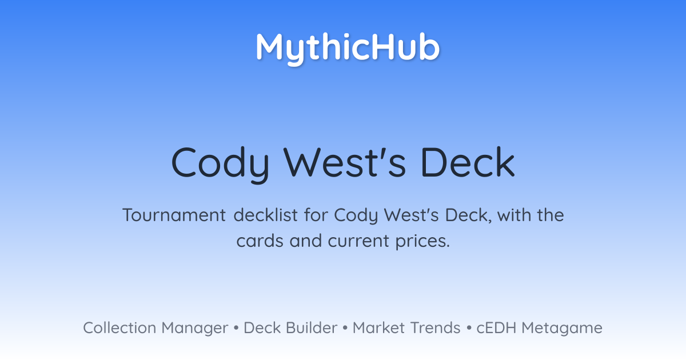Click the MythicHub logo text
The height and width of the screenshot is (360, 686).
[x=348, y=49]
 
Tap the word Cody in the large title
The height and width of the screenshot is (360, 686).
[x=221, y=165]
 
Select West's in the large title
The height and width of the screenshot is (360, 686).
[x=345, y=162]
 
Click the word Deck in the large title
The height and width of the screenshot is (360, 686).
[x=468, y=162]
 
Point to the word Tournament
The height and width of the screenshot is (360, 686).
[x=174, y=215]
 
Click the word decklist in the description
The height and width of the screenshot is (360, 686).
[x=265, y=215]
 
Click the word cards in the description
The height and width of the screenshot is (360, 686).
[x=260, y=241]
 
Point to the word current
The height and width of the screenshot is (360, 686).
[x=358, y=241]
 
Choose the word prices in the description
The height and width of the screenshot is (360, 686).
[x=422, y=242]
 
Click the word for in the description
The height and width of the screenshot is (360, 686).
[x=316, y=215]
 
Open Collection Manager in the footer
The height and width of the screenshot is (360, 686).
[x=155, y=328]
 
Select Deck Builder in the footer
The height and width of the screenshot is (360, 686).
[x=290, y=328]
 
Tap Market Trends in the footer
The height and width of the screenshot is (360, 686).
[x=406, y=328]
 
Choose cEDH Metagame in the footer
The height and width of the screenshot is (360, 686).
[x=539, y=329]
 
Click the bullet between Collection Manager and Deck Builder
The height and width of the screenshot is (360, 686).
[x=236, y=328]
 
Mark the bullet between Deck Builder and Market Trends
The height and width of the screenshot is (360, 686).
[x=345, y=328]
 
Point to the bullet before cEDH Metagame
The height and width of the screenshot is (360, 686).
[x=469, y=328]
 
